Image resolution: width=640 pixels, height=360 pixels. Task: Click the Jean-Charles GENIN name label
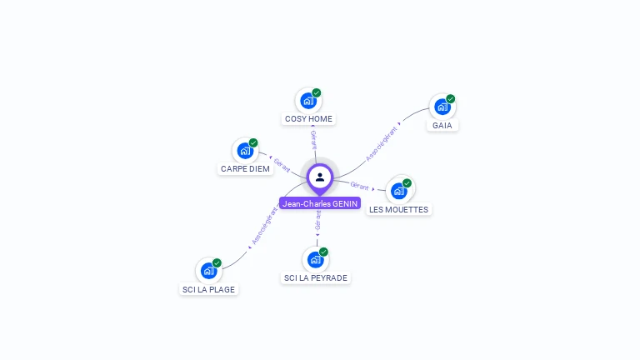coord(320,203)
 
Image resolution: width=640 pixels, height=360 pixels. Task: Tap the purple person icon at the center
coord(320,177)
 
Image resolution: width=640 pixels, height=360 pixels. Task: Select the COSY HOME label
coord(308,119)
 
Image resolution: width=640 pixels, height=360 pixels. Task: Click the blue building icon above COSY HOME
coord(308,101)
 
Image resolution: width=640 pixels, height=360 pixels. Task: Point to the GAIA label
coord(442,126)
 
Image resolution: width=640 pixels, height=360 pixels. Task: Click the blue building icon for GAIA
coord(442,107)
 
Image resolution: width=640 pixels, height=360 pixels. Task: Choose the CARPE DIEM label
coord(245,169)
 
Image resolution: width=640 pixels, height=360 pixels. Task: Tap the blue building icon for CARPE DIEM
coord(245,151)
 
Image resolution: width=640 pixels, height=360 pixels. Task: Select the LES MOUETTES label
coord(398,210)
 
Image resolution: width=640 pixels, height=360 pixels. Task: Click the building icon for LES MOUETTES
coord(398,191)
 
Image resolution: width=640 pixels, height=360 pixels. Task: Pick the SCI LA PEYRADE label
coord(315,278)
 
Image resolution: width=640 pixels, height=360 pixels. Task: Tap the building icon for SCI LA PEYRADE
coord(315,260)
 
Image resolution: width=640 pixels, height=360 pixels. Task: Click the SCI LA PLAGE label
coord(208,290)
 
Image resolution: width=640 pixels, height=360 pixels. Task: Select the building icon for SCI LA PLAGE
coord(208,271)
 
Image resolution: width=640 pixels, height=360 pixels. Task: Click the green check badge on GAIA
coord(451,98)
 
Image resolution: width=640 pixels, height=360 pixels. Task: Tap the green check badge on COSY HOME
coord(317,92)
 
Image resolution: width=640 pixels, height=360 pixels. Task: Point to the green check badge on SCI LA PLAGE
coord(217,262)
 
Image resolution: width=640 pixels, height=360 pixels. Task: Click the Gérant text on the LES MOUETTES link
coord(360,185)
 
